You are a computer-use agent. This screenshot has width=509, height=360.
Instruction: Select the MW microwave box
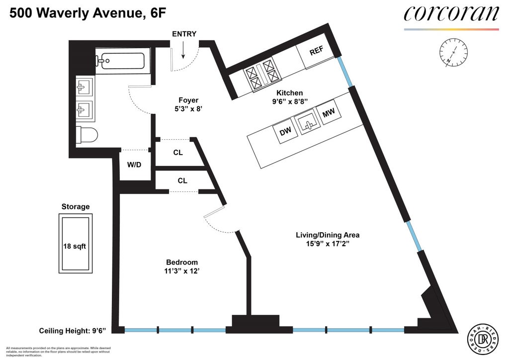tap(328, 114)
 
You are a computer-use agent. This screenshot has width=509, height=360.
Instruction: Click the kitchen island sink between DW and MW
tap(307, 122)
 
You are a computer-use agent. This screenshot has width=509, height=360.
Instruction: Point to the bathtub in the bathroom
tap(120, 62)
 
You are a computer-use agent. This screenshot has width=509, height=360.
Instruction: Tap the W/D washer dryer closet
tap(134, 165)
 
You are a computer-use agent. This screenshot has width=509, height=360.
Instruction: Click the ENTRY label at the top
tap(184, 34)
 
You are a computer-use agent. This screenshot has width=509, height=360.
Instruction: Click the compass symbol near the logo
tap(453, 53)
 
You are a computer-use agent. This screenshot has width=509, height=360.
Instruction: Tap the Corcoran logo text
tap(451, 13)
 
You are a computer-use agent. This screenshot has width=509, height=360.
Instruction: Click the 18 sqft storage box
tap(76, 246)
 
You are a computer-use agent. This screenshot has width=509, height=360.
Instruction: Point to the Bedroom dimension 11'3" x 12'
tap(182, 271)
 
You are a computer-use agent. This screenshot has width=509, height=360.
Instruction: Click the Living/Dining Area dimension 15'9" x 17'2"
tap(328, 245)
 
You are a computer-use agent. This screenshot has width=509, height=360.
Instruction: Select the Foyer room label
tap(174, 99)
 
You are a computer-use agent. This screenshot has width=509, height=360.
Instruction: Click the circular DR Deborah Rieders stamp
tap(482, 339)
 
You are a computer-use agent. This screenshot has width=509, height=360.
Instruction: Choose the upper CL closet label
tap(178, 153)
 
